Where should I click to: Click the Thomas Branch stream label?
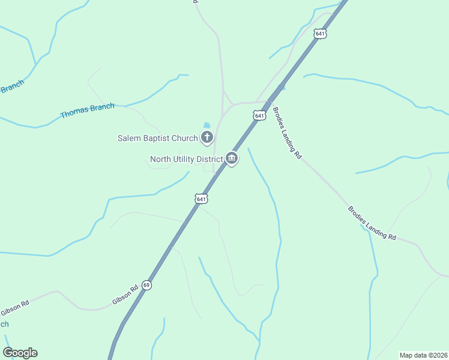[87, 110]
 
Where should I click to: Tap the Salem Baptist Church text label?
[157, 138]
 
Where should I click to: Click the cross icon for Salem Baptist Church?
[207, 138]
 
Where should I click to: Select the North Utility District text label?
[185, 159]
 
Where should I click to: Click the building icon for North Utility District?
[232, 158]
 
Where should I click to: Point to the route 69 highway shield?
[146, 285]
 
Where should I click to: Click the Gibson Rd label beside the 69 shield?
[125, 295]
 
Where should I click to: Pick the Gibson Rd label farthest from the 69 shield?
[14, 308]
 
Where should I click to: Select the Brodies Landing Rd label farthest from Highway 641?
[372, 223]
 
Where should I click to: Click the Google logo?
[20, 353]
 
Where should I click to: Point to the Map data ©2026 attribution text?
[423, 355]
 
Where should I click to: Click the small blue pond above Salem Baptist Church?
[207, 124]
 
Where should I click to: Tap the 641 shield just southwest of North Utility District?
[201, 199]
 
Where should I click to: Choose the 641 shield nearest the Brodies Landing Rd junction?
[259, 115]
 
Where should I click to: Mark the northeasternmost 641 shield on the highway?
[320, 34]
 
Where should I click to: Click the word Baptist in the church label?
[157, 138]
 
